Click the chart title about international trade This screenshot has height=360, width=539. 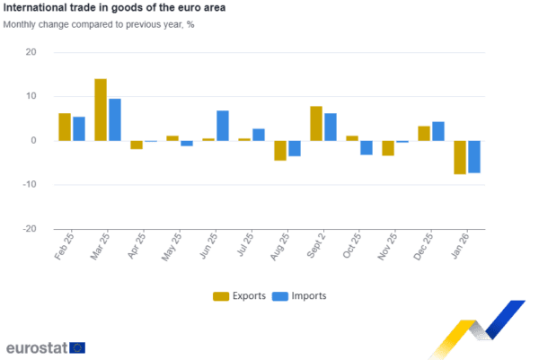[115, 7]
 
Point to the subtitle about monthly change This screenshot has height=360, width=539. [99, 24]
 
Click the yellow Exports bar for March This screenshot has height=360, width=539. [100, 110]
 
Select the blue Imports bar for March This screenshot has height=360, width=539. [114, 119]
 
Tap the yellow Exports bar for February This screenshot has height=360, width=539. [64, 127]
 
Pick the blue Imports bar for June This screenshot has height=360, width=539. [223, 126]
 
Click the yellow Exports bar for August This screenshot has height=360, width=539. [280, 150]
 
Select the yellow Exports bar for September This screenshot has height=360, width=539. [315, 123]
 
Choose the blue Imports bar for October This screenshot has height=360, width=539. [367, 147]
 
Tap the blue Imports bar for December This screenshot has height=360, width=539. [438, 131]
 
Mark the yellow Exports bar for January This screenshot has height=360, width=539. [460, 157]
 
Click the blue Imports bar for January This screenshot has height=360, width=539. [474, 157]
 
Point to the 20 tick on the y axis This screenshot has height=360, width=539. [32, 52]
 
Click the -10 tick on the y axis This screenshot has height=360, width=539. [31, 185]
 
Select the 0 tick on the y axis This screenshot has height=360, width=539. [34, 141]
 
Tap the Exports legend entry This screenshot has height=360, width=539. [239, 296]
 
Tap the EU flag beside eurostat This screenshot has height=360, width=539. [77, 347]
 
